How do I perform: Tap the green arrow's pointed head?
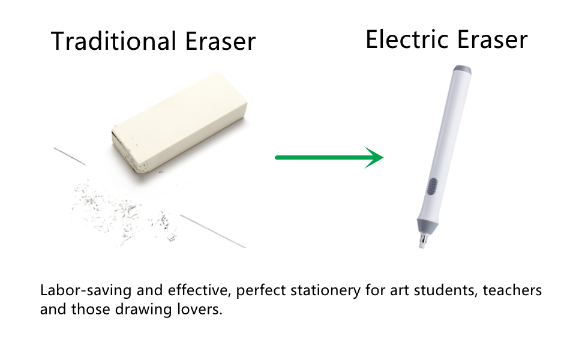(374, 157)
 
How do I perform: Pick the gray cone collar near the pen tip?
(425, 226)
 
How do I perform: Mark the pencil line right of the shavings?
(213, 231)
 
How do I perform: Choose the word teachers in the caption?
(513, 291)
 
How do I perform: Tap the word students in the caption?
(435, 291)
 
